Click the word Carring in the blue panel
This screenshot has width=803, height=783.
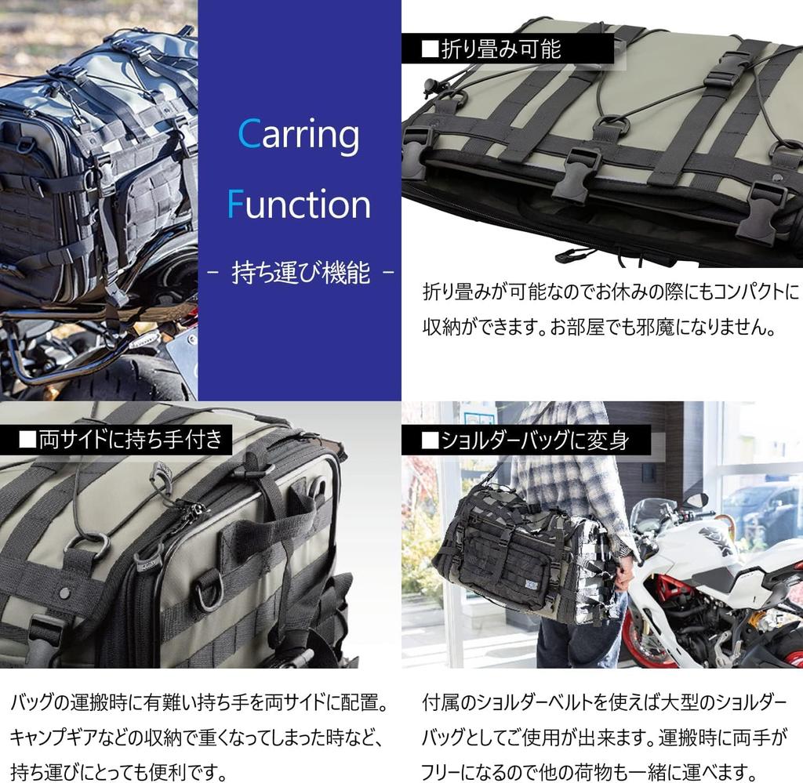tap(299, 135)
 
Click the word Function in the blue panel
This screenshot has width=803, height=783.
tap(299, 204)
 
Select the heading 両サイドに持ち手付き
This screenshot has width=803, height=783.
tap(131, 439)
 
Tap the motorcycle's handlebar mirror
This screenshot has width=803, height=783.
tap(694, 500)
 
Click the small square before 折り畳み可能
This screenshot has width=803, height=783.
tap(429, 49)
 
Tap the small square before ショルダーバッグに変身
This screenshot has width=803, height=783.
tap(429, 440)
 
